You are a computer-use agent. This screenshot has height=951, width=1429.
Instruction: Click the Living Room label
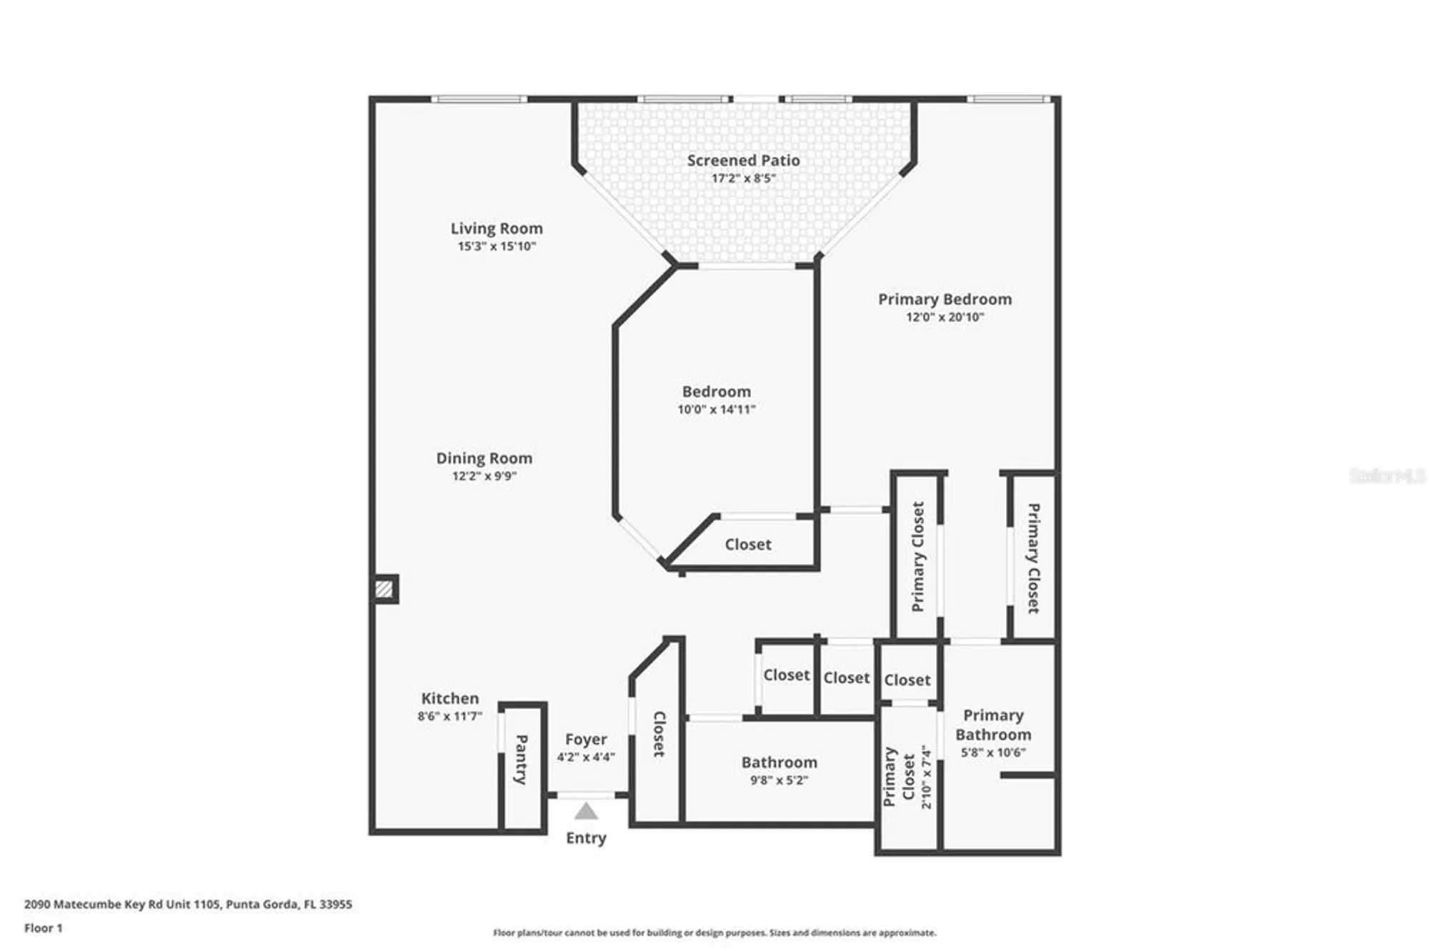pyautogui.click(x=496, y=228)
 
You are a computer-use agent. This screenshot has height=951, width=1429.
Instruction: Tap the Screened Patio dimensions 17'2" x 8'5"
pyautogui.click(x=743, y=178)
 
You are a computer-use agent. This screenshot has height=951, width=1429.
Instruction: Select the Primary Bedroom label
pyautogui.click(x=945, y=299)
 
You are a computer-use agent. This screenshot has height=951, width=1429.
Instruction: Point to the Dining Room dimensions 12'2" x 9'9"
pyautogui.click(x=484, y=476)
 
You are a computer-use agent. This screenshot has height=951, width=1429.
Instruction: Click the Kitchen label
pyautogui.click(x=449, y=698)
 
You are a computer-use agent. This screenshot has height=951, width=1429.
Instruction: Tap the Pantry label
pyautogui.click(x=522, y=759)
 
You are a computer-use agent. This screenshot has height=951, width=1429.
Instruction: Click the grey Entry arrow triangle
pyautogui.click(x=586, y=812)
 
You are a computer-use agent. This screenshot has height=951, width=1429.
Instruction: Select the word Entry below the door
pyautogui.click(x=586, y=837)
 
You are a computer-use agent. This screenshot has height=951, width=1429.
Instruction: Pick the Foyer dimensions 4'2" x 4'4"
pyautogui.click(x=585, y=757)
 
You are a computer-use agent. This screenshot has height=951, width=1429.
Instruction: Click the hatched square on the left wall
pyautogui.click(x=384, y=589)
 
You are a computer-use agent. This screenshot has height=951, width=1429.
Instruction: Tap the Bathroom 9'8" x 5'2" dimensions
pyautogui.click(x=779, y=780)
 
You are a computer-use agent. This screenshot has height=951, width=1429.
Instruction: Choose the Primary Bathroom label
pyautogui.click(x=993, y=725)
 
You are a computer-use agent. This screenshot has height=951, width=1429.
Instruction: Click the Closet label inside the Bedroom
pyautogui.click(x=748, y=544)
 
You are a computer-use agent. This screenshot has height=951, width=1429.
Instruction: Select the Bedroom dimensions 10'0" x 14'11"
pyautogui.click(x=716, y=410)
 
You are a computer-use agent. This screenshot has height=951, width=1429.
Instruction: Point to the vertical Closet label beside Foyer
pyautogui.click(x=659, y=734)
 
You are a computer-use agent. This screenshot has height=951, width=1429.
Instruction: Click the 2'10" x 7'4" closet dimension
pyautogui.click(x=927, y=777)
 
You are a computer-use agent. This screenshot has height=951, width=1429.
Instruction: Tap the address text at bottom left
pyautogui.click(x=188, y=904)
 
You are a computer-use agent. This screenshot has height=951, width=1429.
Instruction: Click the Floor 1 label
pyautogui.click(x=44, y=928)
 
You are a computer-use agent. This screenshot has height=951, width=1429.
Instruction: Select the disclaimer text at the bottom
pyautogui.click(x=714, y=932)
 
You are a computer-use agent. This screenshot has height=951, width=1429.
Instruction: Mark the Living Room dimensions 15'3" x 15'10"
pyautogui.click(x=496, y=246)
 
